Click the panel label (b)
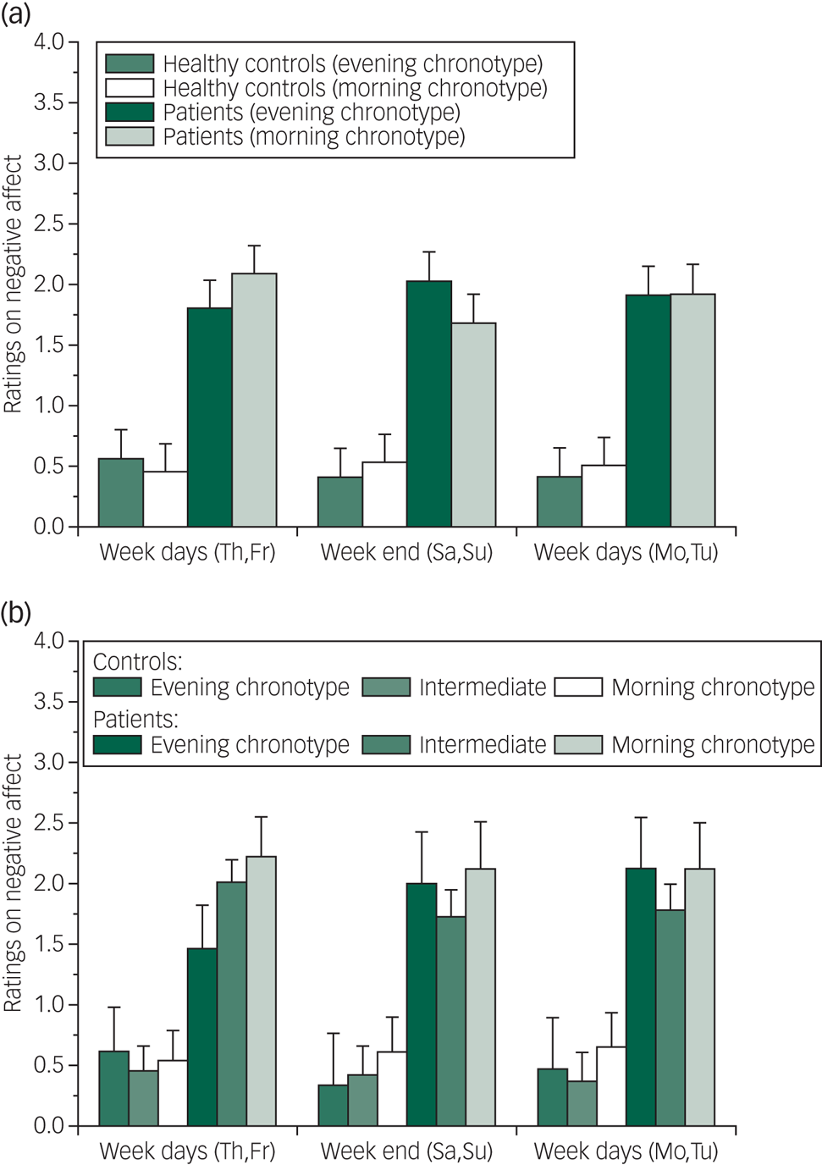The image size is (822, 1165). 16,611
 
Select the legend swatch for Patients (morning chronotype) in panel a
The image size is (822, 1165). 130,136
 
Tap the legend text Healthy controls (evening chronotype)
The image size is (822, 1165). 352,64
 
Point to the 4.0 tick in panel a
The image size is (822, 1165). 48,41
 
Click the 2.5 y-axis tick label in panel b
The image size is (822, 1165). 48,823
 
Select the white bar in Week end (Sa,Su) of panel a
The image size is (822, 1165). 384,494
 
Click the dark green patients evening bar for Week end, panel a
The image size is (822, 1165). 429,404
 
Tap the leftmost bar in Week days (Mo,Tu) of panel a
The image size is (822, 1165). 560,501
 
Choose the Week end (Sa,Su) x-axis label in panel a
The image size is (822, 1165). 406,553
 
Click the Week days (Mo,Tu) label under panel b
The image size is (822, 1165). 626,1151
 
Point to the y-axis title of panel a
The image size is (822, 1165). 13,284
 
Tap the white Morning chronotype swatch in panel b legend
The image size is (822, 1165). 578,687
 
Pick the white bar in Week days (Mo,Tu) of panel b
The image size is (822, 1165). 611,1086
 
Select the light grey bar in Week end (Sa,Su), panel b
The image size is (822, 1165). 480,997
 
